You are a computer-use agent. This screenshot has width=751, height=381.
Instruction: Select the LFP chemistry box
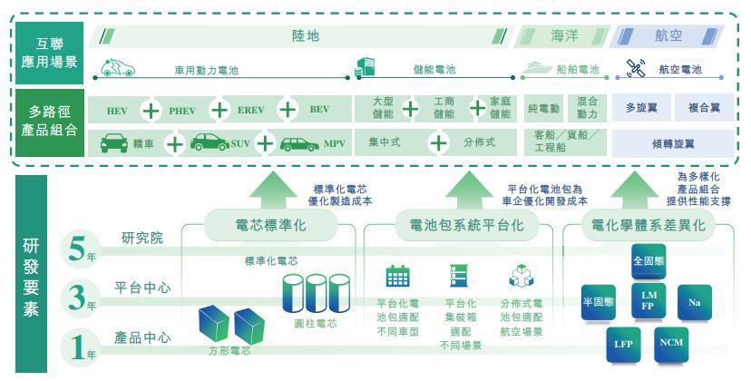[623, 345]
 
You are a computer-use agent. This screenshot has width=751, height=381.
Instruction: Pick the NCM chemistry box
[672, 343]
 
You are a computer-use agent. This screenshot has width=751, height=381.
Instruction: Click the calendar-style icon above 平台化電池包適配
[397, 275]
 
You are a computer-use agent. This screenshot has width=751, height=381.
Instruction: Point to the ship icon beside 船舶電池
[537, 68]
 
